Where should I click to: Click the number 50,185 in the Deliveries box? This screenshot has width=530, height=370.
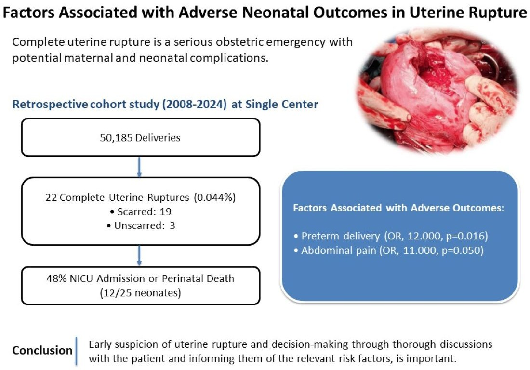pyautogui.click(x=116, y=138)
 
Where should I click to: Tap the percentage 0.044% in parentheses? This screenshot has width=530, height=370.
pyautogui.click(x=214, y=198)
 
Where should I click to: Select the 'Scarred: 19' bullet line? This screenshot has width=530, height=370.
pyautogui.click(x=141, y=212)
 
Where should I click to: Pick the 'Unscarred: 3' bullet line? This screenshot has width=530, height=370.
pyautogui.click(x=141, y=226)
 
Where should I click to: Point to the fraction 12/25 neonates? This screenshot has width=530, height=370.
pyautogui.click(x=141, y=292)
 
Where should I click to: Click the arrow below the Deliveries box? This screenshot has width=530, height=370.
pyautogui.click(x=139, y=167)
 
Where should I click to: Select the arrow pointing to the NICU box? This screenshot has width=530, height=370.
pyautogui.click(x=139, y=256)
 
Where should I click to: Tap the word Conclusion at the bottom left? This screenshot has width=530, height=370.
pyautogui.click(x=42, y=350)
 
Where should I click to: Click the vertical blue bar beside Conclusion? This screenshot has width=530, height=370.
pyautogui.click(x=77, y=351)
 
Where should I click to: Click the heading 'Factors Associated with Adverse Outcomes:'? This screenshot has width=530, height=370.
pyautogui.click(x=398, y=208)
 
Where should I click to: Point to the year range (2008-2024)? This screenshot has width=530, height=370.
pyautogui.click(x=194, y=105)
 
